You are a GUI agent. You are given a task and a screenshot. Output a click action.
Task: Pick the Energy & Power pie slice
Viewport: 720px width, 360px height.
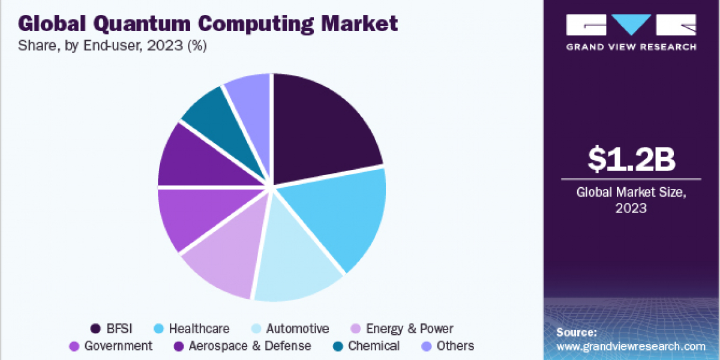225,261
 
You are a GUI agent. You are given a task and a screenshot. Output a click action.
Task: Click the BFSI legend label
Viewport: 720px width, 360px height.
119,328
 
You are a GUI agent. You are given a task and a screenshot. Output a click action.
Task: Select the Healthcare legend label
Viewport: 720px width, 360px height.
199,328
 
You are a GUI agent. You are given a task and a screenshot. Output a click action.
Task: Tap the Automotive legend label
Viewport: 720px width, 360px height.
298,328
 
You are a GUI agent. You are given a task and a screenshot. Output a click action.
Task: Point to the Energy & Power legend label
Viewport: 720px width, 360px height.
410,328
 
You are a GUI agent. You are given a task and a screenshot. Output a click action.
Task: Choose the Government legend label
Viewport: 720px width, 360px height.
118,346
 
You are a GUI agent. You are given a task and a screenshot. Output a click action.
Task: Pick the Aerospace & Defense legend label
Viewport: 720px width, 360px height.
250,346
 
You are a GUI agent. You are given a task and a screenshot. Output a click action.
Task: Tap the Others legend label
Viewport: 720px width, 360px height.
455,346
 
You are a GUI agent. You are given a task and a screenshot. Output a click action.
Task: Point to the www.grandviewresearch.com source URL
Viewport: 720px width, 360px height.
631,346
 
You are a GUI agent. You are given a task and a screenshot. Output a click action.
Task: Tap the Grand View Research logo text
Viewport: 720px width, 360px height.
631,46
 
